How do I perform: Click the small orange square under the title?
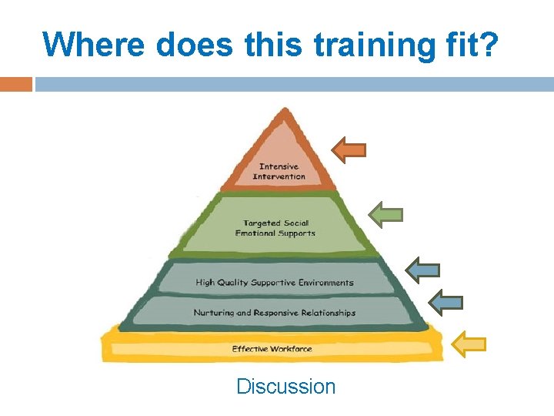(x=15, y=84)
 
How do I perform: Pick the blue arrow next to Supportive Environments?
(x=422, y=270)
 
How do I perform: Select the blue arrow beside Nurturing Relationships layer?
(x=446, y=303)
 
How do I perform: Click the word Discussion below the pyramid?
(x=286, y=386)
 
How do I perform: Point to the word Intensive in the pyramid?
(x=279, y=166)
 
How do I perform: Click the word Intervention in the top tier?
(x=279, y=176)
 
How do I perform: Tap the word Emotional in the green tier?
(x=254, y=233)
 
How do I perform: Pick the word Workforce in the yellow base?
(x=292, y=349)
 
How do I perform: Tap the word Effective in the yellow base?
(x=250, y=349)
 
